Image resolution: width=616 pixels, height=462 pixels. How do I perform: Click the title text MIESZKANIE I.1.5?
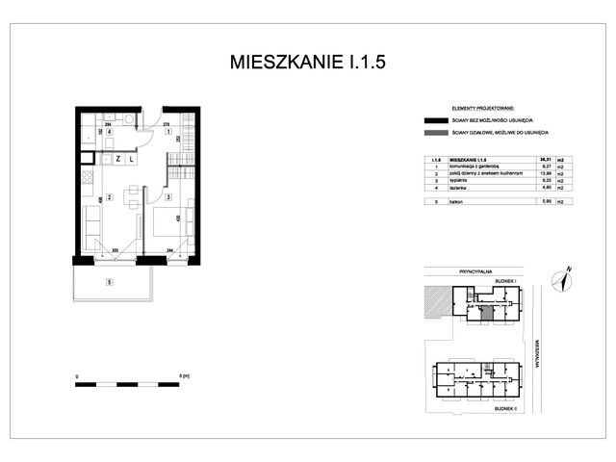click(x=309, y=63)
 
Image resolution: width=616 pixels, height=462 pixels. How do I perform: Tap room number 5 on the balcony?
click(x=110, y=282)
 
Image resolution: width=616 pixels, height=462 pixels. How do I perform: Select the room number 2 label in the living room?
click(x=110, y=198)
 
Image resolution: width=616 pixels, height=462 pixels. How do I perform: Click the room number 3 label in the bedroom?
click(x=167, y=198)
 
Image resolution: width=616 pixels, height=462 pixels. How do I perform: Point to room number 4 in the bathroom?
click(x=110, y=132)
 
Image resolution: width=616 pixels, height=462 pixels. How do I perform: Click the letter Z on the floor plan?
click(x=117, y=158)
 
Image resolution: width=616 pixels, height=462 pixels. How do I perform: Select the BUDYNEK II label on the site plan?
click(x=506, y=408)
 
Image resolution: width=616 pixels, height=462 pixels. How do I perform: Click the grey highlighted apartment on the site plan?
click(x=487, y=312)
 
